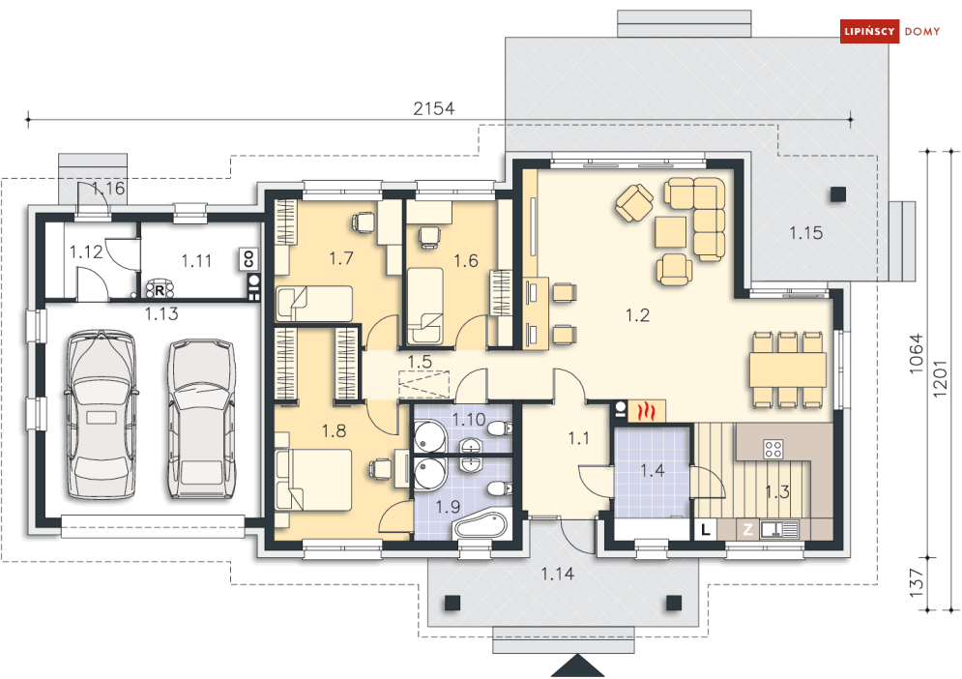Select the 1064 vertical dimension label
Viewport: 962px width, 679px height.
(917, 359)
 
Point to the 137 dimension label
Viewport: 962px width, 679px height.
(917, 584)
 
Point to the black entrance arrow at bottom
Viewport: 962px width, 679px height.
(578, 667)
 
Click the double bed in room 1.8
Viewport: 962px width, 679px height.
(315, 480)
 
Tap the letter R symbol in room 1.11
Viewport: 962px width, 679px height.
(160, 287)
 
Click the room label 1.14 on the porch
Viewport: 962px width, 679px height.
(558, 575)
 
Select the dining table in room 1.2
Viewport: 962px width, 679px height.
(786, 369)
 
